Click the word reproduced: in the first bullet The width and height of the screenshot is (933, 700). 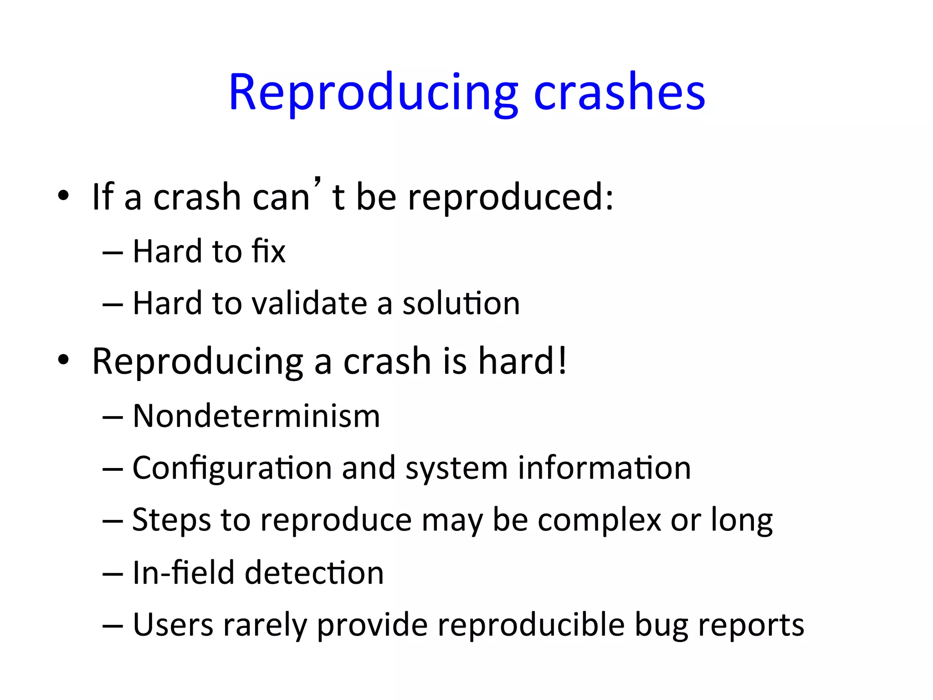(511, 198)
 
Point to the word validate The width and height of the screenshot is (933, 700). (309, 304)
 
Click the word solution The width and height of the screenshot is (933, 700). (461, 304)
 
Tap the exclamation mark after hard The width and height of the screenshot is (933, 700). (563, 361)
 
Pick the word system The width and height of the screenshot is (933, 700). (456, 468)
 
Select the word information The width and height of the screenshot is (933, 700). (605, 468)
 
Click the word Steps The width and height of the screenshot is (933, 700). (172, 520)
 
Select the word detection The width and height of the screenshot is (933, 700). (314, 573)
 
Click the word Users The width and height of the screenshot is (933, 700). (173, 625)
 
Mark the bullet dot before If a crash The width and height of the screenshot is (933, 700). (63, 196)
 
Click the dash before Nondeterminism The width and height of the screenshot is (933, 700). (113, 417)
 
